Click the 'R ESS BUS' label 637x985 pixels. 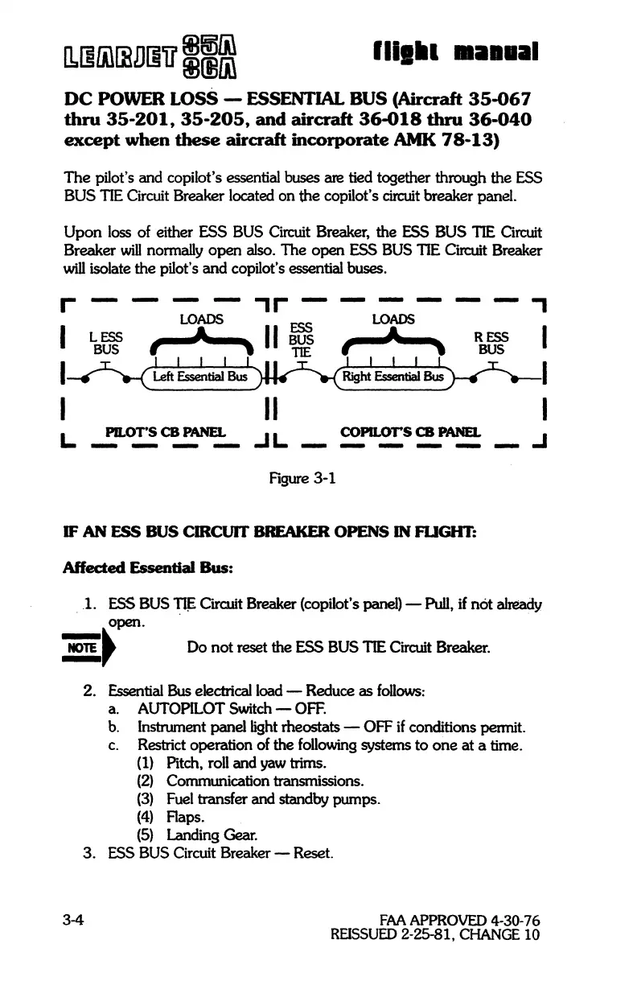click(491, 344)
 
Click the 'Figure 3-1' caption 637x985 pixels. click(301, 480)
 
